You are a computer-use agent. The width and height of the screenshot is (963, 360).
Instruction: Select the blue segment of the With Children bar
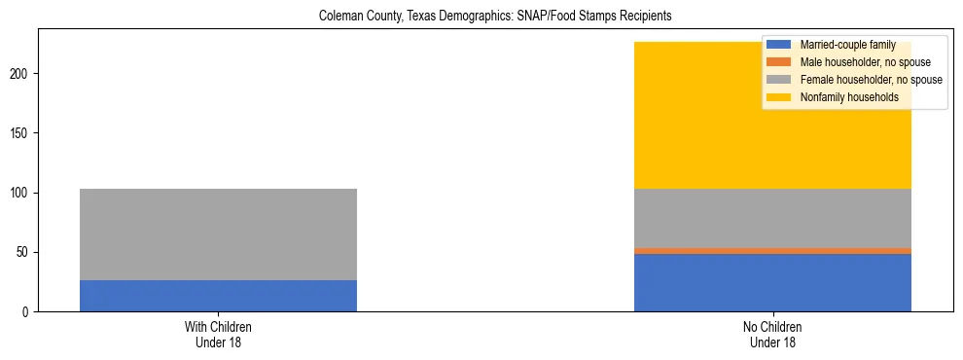click(218, 296)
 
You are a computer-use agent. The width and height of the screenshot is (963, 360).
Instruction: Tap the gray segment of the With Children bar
click(218, 234)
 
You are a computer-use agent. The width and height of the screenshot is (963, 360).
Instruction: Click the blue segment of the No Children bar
click(772, 283)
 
